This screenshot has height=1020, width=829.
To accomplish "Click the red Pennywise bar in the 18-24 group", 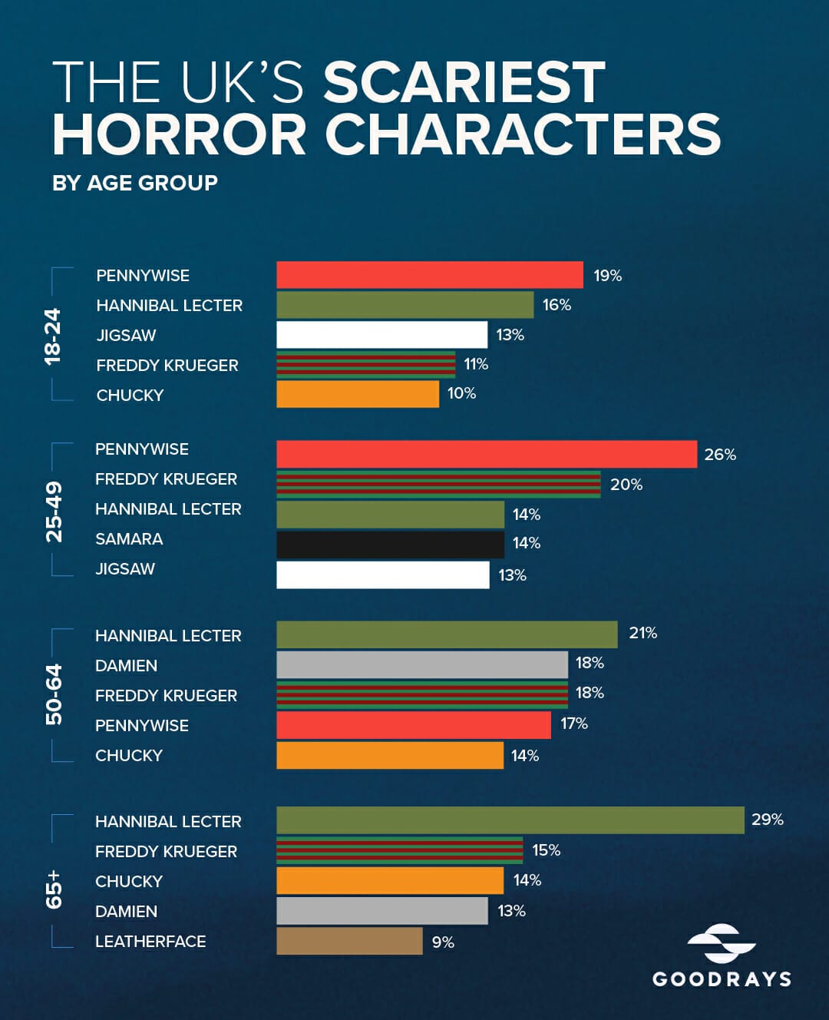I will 430,275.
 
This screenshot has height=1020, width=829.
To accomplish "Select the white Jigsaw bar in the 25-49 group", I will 382,575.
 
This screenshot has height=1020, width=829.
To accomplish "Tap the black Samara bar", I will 390,545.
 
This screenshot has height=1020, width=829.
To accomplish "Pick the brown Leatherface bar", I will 349,941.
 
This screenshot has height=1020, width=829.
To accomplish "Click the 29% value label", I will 767,820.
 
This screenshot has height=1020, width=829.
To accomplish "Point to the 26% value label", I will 720,455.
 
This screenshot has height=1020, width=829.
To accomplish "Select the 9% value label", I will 443,942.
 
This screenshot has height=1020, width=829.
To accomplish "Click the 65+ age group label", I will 54,889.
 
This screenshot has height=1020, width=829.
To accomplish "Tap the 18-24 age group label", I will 52,336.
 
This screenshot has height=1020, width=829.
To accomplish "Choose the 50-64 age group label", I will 54,694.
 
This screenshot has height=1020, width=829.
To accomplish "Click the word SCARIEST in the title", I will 464,83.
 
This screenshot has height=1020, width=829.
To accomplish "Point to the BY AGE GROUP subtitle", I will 135,183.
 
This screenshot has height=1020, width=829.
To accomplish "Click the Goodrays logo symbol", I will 721,944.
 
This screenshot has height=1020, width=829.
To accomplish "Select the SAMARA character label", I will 129,539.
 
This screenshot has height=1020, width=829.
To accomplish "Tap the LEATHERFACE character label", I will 150,942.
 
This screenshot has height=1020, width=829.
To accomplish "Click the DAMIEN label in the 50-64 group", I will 126,666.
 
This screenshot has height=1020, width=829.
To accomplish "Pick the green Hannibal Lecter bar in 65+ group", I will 510,820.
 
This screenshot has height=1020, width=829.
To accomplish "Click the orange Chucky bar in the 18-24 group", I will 358,395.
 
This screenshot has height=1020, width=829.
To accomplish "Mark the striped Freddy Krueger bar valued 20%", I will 438,485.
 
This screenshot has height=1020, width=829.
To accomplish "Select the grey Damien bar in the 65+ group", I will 381,911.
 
